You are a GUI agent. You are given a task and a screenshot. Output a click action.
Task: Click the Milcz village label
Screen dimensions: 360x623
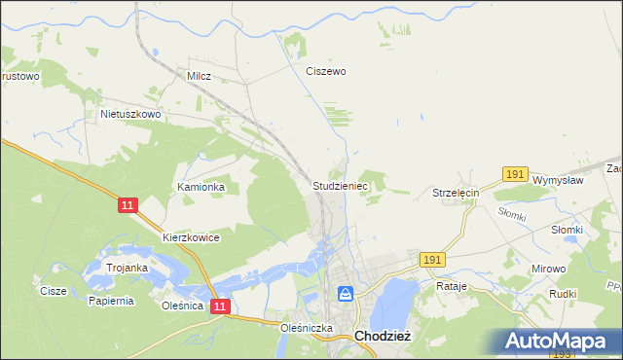coord(200,75)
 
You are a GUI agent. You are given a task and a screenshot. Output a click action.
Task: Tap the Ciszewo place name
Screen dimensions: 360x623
coord(326,71)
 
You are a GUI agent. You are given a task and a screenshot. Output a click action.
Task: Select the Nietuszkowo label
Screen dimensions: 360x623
coord(129,114)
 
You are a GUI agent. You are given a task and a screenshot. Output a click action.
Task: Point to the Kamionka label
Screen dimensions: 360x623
coord(201,186)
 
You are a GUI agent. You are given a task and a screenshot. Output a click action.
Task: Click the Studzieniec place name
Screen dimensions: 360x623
coord(339,184)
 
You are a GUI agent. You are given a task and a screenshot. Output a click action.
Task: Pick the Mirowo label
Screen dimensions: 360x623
coord(548,267)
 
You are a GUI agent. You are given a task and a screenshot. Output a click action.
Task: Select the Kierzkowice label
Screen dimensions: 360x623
coord(192,237)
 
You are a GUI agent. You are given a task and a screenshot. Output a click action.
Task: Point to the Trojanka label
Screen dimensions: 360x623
coord(128,268)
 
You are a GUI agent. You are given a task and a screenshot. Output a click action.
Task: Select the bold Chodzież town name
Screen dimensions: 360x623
coord(387,336)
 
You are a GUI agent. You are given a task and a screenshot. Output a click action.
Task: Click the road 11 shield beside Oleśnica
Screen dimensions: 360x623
coord(221,306)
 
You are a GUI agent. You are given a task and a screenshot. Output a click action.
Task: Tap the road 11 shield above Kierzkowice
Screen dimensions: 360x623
coord(128,206)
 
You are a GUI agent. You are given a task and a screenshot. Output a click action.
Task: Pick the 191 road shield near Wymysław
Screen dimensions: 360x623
coord(516,174)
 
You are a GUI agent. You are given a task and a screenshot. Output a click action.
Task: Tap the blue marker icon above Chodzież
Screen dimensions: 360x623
coord(346,293)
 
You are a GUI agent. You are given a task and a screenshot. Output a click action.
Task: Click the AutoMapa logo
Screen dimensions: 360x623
coord(562,342)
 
